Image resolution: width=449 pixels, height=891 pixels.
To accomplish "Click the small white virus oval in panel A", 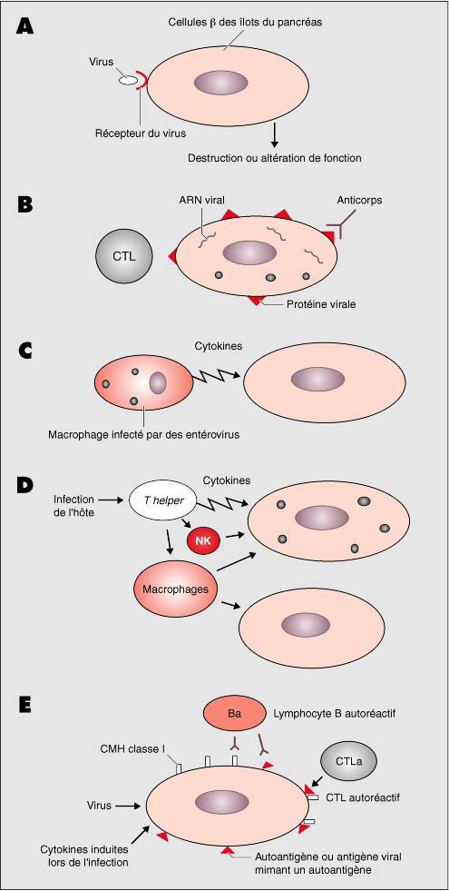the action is point(128,80).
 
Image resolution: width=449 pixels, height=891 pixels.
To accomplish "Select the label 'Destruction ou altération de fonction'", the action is point(274,157).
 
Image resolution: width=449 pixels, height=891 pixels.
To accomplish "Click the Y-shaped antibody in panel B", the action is point(342,225).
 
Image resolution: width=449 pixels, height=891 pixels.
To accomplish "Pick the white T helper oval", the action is point(157,500).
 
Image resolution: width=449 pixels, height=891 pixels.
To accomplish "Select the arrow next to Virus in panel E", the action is point(128,805).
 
